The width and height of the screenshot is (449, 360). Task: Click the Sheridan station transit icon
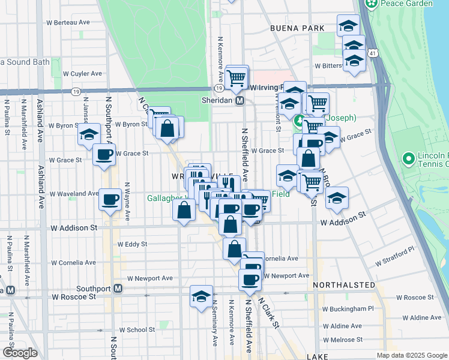coord(240,101)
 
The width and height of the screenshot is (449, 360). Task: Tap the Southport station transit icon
coord(118,289)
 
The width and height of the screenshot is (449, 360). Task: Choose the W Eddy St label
coord(133,244)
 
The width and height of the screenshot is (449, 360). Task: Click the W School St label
coord(137,329)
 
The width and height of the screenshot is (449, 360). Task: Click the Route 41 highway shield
coord(373,54)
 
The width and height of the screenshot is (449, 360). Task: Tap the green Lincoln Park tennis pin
coord(409,159)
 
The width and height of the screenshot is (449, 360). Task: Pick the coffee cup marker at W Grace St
coord(103,154)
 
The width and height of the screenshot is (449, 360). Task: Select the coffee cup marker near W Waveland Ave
coord(110,199)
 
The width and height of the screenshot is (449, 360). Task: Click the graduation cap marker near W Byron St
coord(89,134)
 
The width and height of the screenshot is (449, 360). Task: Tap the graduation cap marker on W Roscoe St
coord(202,296)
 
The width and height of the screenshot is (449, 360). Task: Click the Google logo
coord(19,353)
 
